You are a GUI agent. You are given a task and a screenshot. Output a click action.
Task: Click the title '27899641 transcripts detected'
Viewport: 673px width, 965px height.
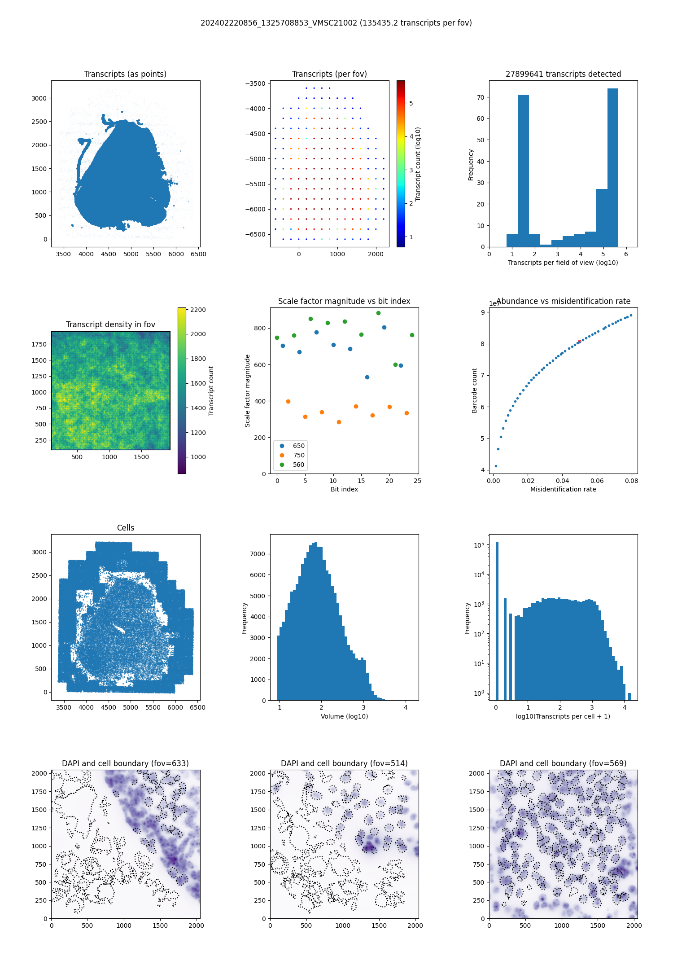coord(563,74)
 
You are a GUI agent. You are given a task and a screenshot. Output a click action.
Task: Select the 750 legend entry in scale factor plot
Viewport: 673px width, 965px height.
coord(298,455)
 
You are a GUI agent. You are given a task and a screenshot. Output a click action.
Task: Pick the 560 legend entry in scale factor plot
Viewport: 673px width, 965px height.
coord(298,465)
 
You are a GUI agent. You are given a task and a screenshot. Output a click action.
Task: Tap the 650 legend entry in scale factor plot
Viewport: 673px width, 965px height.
coord(298,446)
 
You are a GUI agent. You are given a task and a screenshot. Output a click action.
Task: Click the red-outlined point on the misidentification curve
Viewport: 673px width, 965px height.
coord(579,342)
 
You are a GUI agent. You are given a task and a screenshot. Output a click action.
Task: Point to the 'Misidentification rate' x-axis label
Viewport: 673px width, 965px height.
coord(563,489)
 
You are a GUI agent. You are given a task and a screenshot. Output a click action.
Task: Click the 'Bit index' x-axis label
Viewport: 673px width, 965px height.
coord(344,489)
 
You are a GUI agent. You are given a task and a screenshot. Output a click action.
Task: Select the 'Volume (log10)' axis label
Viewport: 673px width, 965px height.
coord(344,716)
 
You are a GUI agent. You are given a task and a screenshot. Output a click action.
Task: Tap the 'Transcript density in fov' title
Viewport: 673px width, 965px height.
coord(110,325)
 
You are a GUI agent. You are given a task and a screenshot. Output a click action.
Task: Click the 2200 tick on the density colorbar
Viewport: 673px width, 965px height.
coord(198,310)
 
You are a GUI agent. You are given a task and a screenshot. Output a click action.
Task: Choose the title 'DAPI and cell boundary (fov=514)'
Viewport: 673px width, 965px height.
coord(344,763)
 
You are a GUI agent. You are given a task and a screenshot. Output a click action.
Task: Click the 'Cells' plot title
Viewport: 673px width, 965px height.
coord(126,528)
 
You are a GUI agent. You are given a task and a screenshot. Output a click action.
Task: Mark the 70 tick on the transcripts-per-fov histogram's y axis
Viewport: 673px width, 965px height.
coord(481,97)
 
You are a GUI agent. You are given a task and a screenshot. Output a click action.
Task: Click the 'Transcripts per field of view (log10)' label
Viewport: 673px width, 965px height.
coord(563,263)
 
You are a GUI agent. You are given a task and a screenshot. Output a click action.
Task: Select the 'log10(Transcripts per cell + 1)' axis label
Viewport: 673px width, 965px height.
coord(563,716)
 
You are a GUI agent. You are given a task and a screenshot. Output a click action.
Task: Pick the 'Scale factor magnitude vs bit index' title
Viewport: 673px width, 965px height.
coord(344,301)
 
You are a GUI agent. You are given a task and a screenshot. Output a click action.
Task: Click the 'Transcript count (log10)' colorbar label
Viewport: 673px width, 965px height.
coord(418,164)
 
